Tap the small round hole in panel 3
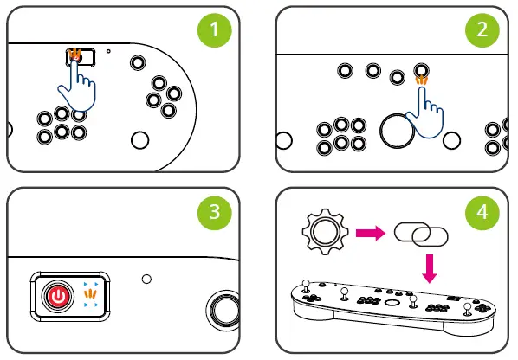pos(146,280)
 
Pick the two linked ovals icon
pos(419,234)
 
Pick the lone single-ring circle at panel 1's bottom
pos(139,139)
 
